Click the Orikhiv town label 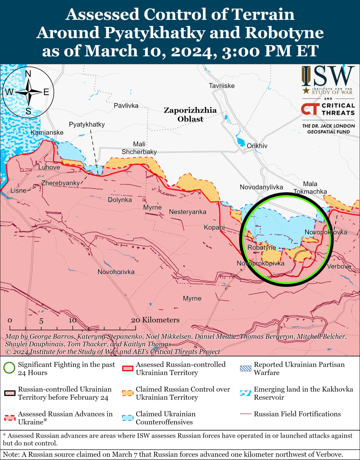(257, 146)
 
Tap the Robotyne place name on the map (262, 248)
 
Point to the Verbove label (339, 266)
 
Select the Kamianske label (47, 133)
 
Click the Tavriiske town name (222, 86)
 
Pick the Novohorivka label (116, 272)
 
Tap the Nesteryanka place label (188, 212)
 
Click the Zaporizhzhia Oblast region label (190, 114)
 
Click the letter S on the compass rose (28, 111)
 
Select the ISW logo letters (328, 77)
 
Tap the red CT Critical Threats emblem (309, 109)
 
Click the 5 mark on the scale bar (41, 321)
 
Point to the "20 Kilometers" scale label (155, 320)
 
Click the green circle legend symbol (9, 368)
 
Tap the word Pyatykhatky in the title (155, 33)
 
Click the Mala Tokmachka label (310, 188)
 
